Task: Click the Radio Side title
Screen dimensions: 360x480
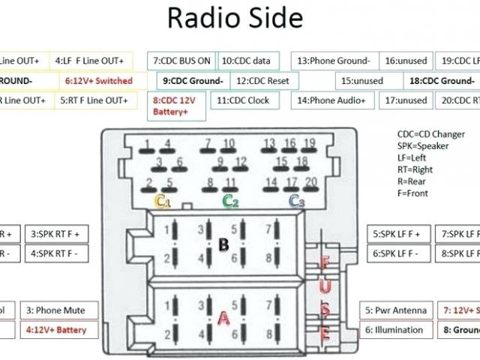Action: (235, 18)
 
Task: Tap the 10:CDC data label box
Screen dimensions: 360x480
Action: (249, 61)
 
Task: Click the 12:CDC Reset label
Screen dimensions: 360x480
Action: (263, 80)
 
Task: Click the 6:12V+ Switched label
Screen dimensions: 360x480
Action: (98, 80)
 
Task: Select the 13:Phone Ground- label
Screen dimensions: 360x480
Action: (334, 61)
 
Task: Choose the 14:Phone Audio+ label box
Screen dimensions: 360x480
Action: (331, 100)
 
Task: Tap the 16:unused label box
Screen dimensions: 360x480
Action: (406, 61)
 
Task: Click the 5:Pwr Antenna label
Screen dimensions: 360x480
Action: (396, 310)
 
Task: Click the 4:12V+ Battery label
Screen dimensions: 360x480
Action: (56, 329)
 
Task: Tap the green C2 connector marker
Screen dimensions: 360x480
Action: (230, 200)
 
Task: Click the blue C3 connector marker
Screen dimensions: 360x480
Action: (297, 200)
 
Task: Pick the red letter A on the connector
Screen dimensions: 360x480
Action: (223, 318)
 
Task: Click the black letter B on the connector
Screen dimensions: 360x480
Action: (223, 244)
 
